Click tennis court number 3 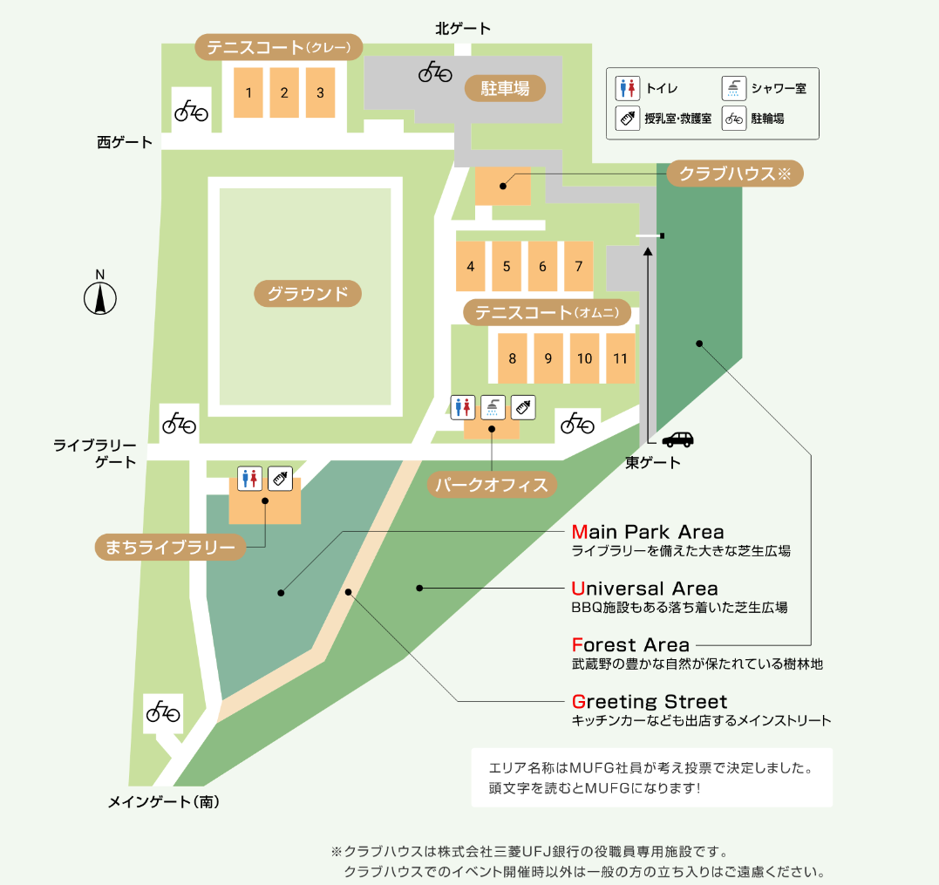coord(320,92)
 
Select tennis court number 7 coord(578,266)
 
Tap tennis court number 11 coord(620,357)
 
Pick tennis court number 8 coord(513,357)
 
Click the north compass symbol coord(100,296)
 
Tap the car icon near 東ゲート coord(677,439)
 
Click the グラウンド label coord(308,294)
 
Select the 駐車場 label coord(505,88)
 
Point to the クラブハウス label coord(734,174)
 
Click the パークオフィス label coord(492,485)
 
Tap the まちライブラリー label coord(169,548)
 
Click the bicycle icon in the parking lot coord(435,71)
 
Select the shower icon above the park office coord(493,407)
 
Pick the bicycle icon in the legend coord(734,118)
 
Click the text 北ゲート coord(463,29)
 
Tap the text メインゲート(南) coord(163,802)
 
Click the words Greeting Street coord(650,702)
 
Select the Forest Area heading coord(630,645)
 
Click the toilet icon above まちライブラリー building coord(250,478)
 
